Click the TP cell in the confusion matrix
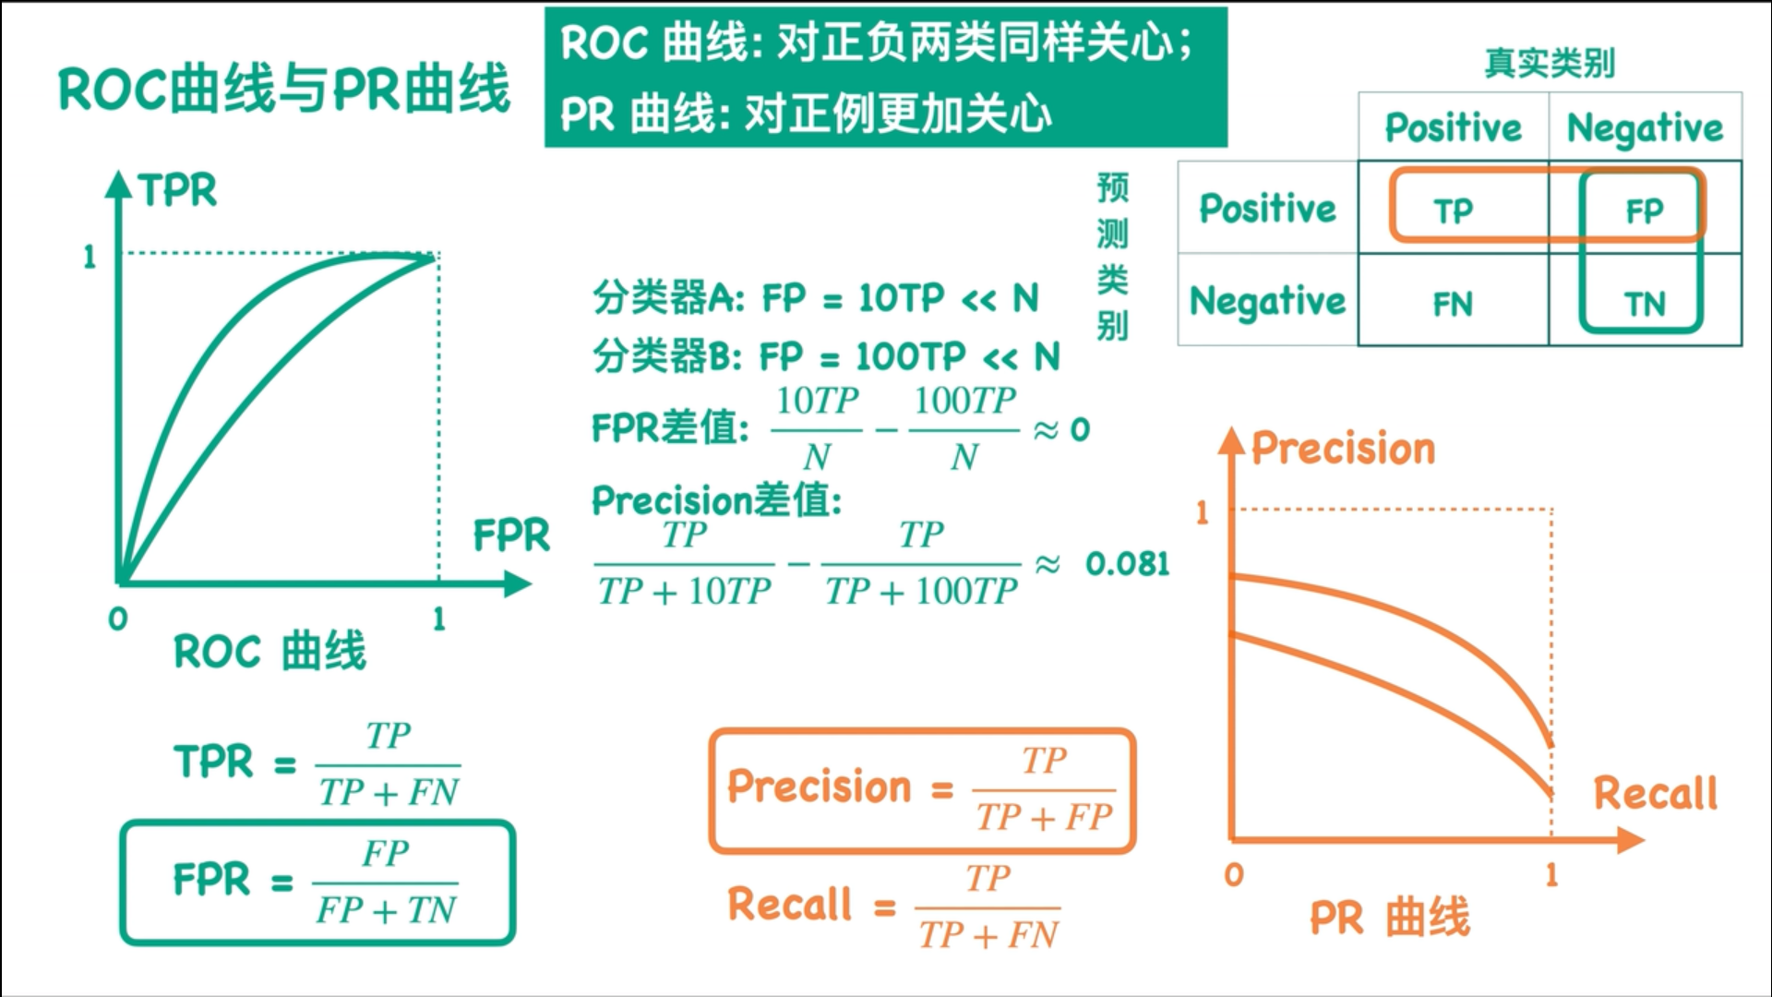(x=1453, y=211)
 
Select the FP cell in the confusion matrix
(x=1644, y=211)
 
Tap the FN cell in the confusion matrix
(x=1453, y=304)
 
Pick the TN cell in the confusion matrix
(x=1644, y=304)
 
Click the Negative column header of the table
(x=1645, y=128)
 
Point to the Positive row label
(x=1267, y=209)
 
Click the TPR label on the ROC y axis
(x=178, y=191)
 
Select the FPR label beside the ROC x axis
(x=511, y=535)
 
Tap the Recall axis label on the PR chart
(x=1656, y=793)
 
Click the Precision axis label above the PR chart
(x=1343, y=449)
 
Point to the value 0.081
(x=1127, y=564)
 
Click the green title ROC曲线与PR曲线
(x=284, y=89)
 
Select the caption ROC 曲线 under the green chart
(x=269, y=651)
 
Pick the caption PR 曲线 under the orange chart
(x=1389, y=918)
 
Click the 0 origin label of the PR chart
(x=1234, y=874)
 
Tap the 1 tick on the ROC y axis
(x=90, y=256)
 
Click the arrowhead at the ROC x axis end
(x=518, y=583)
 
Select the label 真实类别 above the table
(x=1550, y=63)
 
